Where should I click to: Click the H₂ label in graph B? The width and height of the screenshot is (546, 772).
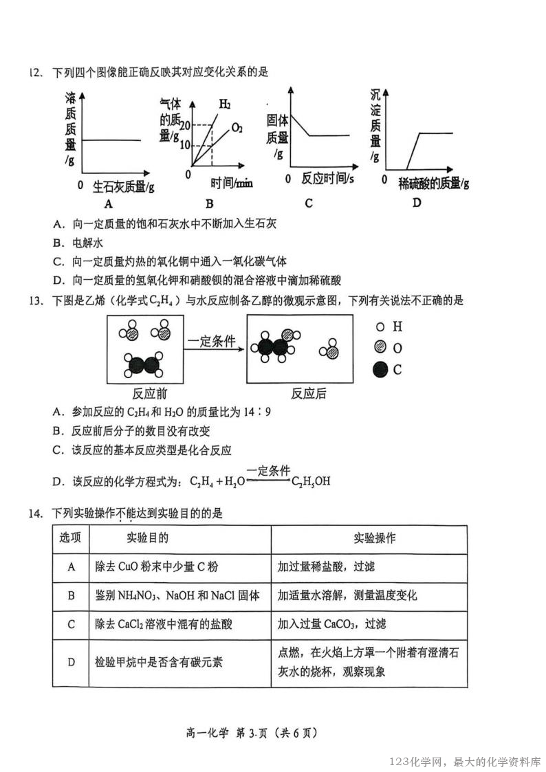click(225, 104)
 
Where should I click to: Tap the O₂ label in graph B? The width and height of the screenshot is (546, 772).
click(237, 127)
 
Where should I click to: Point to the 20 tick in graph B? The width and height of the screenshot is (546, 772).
click(184, 124)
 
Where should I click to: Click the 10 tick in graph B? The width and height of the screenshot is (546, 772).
click(184, 145)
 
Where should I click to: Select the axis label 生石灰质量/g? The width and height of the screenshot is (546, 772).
click(123, 186)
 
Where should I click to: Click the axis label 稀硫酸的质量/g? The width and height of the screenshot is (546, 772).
click(435, 183)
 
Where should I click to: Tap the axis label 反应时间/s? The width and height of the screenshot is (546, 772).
click(328, 179)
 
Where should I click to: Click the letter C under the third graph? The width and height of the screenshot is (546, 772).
click(309, 203)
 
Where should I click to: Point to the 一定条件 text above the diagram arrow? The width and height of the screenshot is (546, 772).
click(212, 341)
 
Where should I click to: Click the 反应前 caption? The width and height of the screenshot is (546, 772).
click(150, 394)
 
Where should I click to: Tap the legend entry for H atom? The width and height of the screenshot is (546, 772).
click(389, 328)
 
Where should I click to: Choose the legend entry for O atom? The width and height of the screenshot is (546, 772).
click(388, 349)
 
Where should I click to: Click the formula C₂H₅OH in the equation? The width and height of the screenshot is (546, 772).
click(311, 481)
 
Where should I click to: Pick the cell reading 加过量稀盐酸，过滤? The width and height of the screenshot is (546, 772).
click(326, 567)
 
